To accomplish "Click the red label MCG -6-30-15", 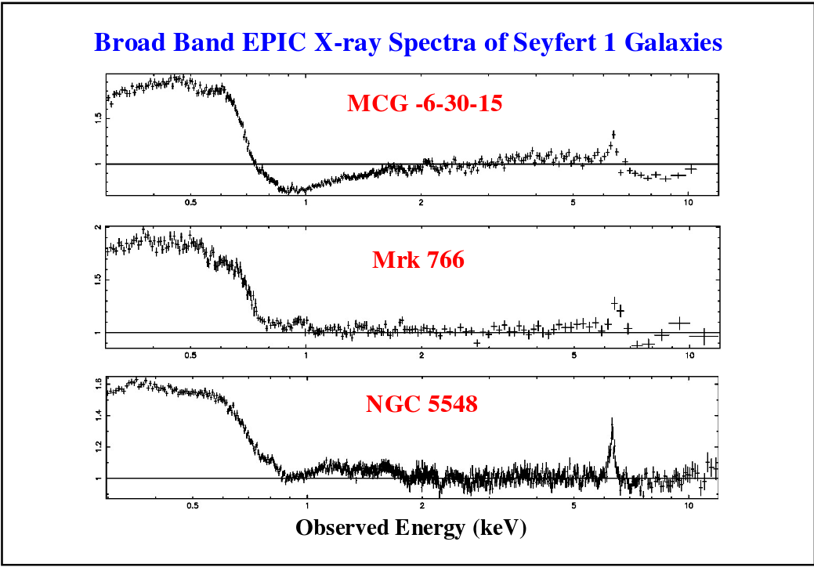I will (x=424, y=103).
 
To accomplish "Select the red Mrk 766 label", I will (x=418, y=260).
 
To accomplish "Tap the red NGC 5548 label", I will (x=421, y=405).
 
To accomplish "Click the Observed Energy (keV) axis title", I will (x=411, y=528).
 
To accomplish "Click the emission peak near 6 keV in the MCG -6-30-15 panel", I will (x=613, y=133).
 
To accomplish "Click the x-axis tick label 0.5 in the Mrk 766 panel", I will (x=191, y=355).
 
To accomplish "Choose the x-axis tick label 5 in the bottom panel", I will (x=574, y=505).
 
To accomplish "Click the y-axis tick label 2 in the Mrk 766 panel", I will (x=98, y=228).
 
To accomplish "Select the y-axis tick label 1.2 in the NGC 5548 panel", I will (x=98, y=446).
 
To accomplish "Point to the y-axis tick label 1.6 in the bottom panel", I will (x=98, y=384).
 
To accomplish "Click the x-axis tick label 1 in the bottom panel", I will (x=306, y=505).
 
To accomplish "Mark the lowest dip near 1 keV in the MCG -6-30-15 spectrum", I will (x=293, y=190).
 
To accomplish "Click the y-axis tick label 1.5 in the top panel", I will (x=98, y=117).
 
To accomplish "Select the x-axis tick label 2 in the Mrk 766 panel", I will (x=421, y=355).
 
